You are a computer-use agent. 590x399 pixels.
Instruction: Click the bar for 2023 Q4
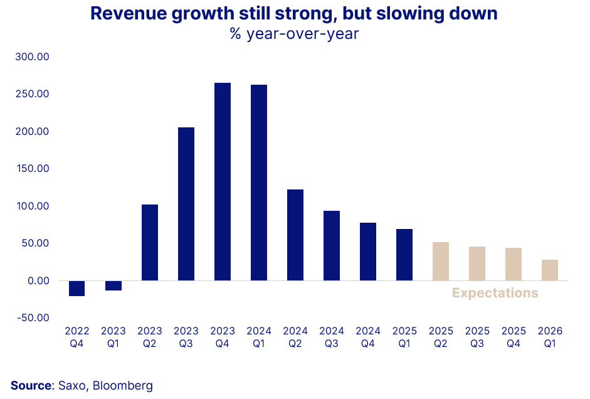(x=223, y=182)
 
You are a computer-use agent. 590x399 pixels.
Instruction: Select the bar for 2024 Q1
(x=259, y=183)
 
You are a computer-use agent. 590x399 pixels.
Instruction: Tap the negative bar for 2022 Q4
(x=77, y=288)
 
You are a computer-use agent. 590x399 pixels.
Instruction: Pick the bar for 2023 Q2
(x=150, y=242)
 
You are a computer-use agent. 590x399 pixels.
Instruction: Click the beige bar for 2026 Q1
(x=550, y=270)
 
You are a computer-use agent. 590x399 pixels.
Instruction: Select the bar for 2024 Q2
(x=295, y=235)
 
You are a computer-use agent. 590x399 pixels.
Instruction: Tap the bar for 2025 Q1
(x=404, y=255)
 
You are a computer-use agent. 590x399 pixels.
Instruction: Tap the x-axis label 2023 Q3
(x=186, y=337)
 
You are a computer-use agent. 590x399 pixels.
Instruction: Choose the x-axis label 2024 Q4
(x=368, y=337)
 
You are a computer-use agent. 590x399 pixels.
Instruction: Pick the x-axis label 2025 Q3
(x=477, y=337)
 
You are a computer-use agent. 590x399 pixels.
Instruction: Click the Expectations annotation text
(x=495, y=293)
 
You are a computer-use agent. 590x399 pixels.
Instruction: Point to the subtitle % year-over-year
(x=294, y=34)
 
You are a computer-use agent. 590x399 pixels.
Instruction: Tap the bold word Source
(x=30, y=385)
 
